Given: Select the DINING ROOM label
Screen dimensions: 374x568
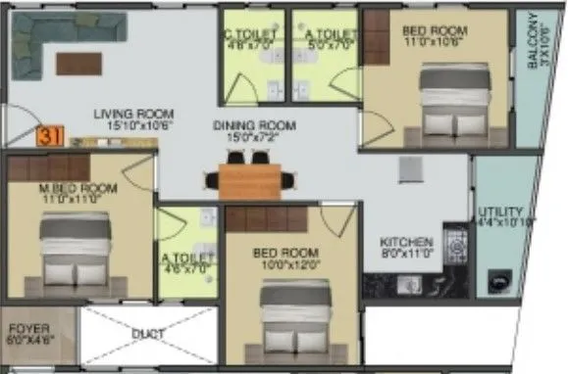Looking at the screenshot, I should (x=254, y=125).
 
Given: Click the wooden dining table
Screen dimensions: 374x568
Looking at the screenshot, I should (x=250, y=179).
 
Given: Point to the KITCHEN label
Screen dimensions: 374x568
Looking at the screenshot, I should (x=407, y=243).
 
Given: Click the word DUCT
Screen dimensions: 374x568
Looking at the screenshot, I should (x=146, y=333).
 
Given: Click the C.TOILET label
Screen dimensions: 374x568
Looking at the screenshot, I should (x=251, y=31).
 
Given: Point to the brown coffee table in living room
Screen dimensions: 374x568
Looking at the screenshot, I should (x=79, y=64).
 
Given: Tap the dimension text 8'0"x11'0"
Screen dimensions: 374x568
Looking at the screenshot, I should (x=407, y=253).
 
